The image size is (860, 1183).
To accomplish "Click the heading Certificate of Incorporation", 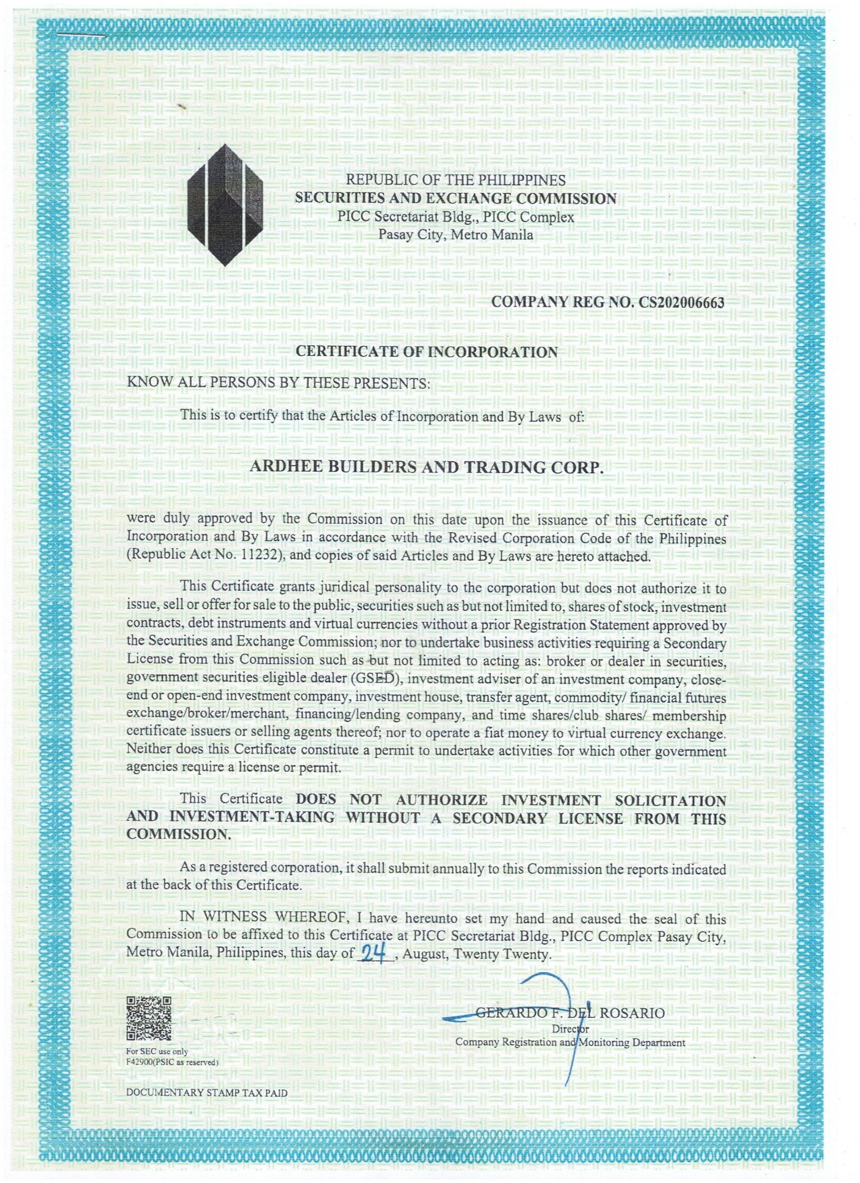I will pyautogui.click(x=426, y=352).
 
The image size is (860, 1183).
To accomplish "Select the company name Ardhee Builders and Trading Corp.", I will pyautogui.click(x=426, y=468).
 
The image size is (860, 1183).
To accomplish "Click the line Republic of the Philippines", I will pyautogui.click(x=456, y=181).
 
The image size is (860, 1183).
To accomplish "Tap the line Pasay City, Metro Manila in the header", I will pyautogui.click(x=456, y=235).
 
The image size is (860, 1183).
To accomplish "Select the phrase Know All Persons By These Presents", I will pyautogui.click(x=279, y=384).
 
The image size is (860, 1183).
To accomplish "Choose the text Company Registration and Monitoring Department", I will pyautogui.click(x=571, y=1042).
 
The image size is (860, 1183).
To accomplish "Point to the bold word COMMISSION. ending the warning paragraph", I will pyautogui.click(x=179, y=833).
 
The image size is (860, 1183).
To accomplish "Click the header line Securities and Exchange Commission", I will pyautogui.click(x=456, y=198).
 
